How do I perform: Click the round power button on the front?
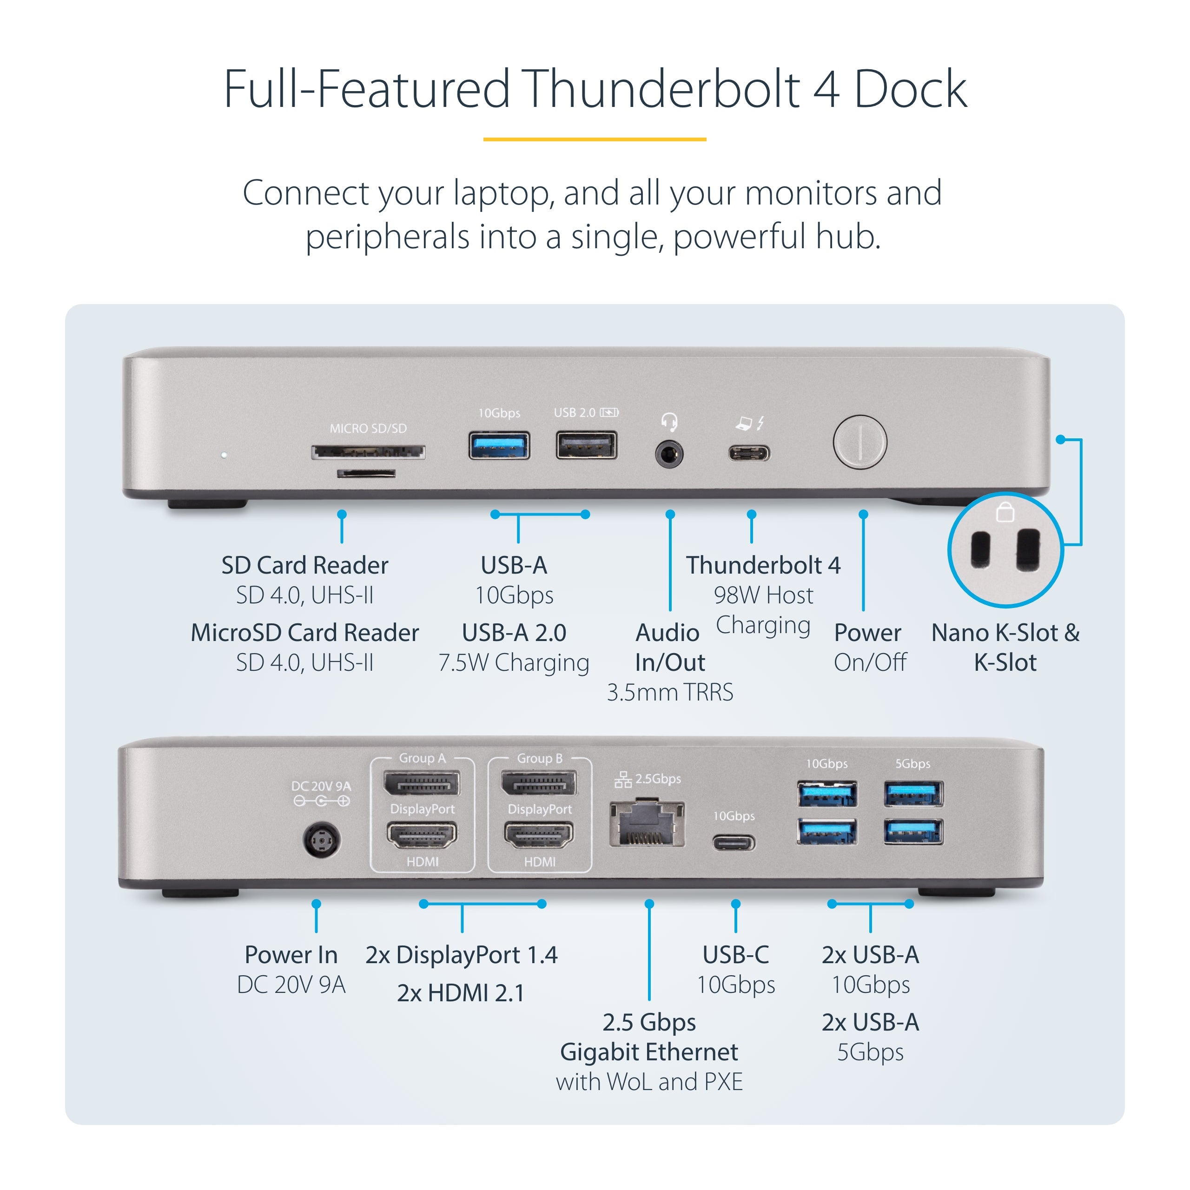860,442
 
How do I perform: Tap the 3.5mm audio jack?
669,455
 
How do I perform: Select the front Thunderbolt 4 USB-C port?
749,454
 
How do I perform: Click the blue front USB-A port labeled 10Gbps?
499,446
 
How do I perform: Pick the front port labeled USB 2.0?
586,446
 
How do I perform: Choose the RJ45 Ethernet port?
647,824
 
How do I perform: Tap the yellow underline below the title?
595,139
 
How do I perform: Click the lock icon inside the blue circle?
1005,512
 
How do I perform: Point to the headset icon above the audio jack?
669,422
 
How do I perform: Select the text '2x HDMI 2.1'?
461,993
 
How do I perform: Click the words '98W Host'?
763,595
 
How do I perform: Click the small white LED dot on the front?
224,455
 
